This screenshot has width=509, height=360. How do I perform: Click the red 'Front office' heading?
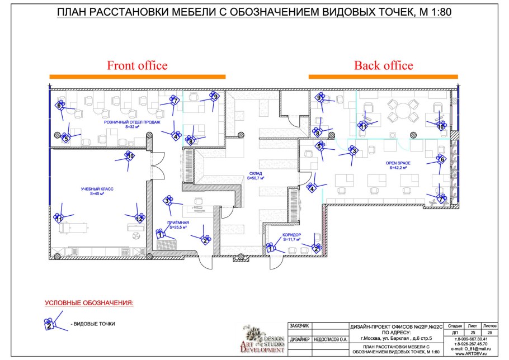coord(137,65)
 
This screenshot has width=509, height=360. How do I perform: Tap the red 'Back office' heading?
coord(383,65)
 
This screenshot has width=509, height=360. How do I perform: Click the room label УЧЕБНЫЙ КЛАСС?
coord(97,190)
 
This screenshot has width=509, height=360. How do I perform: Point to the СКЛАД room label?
coord(256,174)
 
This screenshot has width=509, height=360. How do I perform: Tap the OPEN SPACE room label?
coord(398,164)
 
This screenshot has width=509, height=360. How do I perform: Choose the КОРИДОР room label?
coord(292,235)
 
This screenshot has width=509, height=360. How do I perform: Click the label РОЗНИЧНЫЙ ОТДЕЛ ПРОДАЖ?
coord(132,122)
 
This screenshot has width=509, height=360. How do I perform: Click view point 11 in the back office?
coord(364,126)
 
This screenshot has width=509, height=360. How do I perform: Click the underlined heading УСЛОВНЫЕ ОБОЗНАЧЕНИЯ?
coord(89,303)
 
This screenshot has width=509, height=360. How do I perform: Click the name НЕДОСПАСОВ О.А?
coord(330,339)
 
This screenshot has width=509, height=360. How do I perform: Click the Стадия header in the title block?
coord(455,325)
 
